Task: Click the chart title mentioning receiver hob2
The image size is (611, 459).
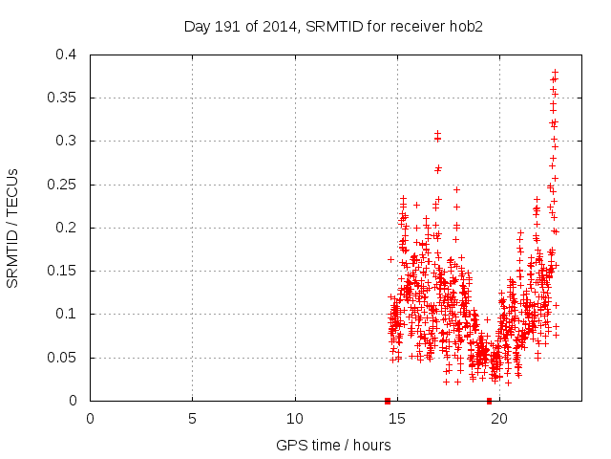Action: [x=333, y=26]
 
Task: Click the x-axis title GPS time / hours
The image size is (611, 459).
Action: [x=333, y=445]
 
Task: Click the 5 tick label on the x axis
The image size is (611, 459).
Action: [x=192, y=418]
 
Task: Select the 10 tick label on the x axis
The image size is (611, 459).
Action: [x=295, y=418]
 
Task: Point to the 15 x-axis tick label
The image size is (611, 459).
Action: [x=397, y=418]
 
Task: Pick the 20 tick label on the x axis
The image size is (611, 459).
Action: [x=499, y=418]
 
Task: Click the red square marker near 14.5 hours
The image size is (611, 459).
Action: [x=387, y=401]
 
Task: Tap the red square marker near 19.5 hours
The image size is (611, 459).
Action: [x=489, y=401]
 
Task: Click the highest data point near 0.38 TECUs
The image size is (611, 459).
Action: [x=555, y=72]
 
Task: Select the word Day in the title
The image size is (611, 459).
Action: [x=197, y=26]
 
